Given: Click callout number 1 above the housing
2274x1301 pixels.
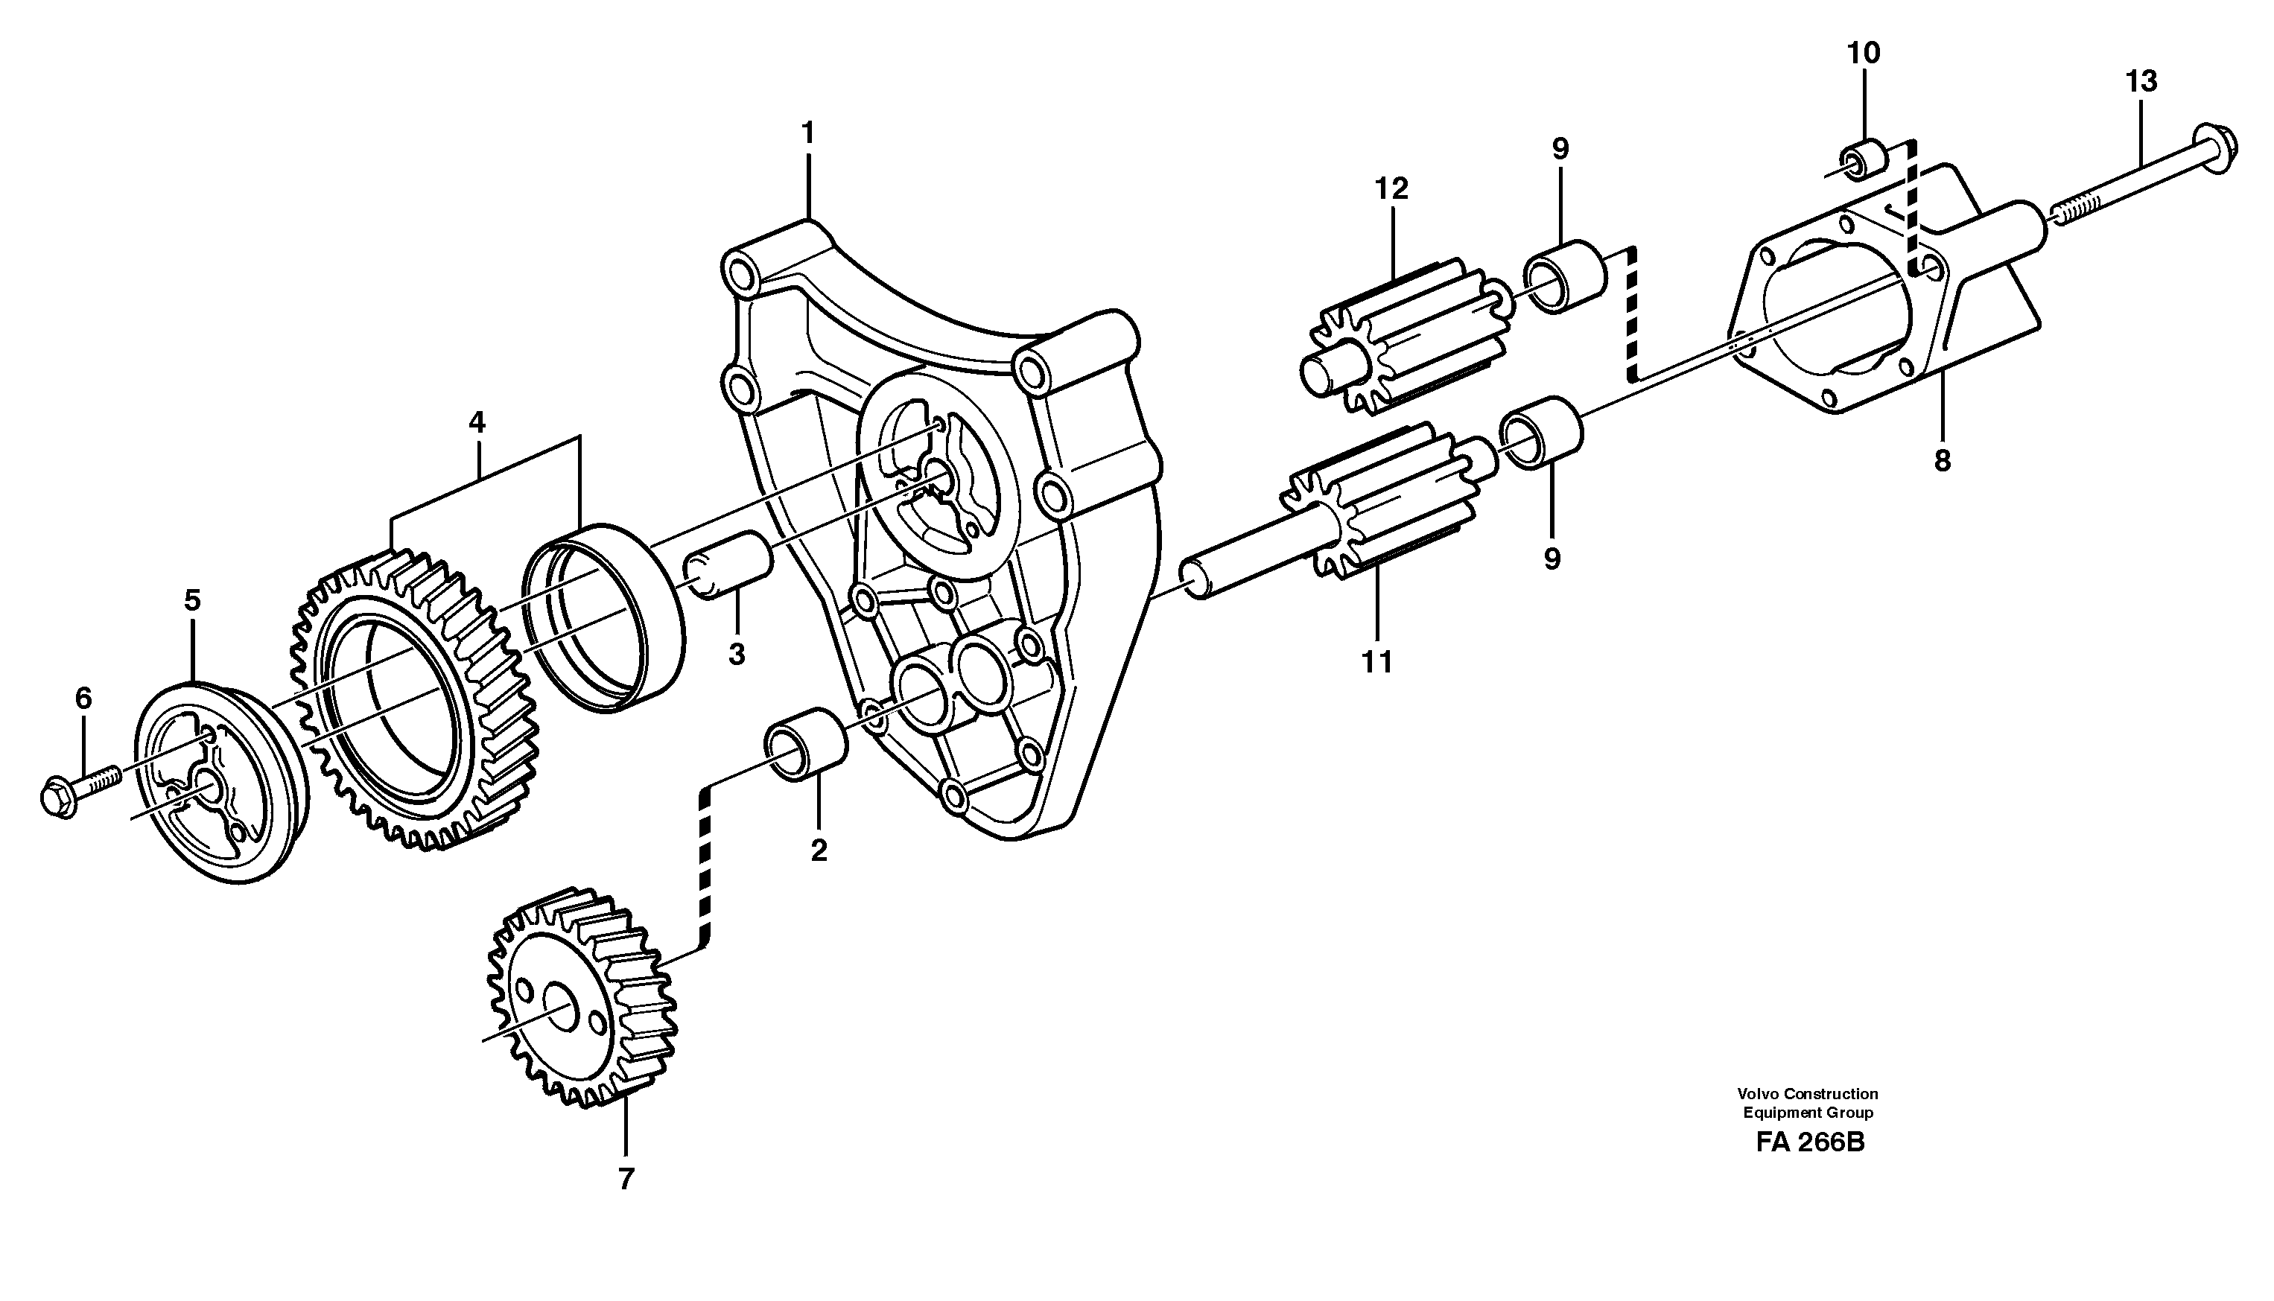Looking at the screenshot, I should point(807,134).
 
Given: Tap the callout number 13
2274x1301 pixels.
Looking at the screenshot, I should point(2141,81).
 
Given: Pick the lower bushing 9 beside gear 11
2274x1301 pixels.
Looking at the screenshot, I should point(1543,433).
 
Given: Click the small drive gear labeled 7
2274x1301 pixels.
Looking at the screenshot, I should point(581,1001).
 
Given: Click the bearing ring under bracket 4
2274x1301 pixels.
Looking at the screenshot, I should point(604,617).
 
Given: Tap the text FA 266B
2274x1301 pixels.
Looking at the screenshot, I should point(1809,1167).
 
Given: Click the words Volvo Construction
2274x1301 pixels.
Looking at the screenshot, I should point(1807,1092).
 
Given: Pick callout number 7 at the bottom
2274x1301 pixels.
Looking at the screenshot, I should point(626,1179).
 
